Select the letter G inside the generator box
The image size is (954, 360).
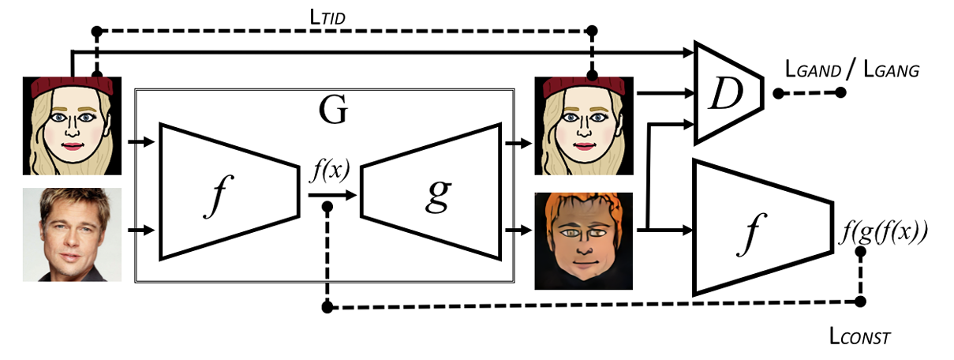332,112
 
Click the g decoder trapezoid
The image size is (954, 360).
431,191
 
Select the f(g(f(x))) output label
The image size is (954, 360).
885,232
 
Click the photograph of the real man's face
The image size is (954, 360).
72,234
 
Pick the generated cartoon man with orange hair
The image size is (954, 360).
583,241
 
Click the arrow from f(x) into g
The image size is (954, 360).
331,193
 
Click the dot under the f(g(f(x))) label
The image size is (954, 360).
860,302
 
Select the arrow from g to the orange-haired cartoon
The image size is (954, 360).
517,231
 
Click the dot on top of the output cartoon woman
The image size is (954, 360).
593,77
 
